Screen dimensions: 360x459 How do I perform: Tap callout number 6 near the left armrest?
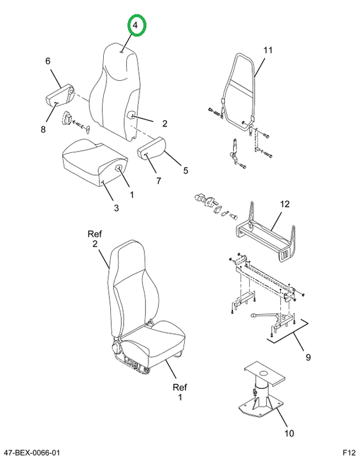tap(48, 61)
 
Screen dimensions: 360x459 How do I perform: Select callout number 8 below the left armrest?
tap(43, 129)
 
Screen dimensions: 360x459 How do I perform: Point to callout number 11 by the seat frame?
tap(268, 50)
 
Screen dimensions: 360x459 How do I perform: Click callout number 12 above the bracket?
tap(285, 204)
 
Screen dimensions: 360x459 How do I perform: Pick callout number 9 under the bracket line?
tap(308, 357)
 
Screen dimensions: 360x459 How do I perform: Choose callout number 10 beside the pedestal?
tap(289, 433)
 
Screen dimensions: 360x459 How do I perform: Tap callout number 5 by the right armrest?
tap(185, 170)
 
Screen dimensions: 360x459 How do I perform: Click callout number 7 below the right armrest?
tap(159, 180)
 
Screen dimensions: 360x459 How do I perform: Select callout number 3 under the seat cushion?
tap(116, 208)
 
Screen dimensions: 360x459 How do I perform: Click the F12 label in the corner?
tap(349, 453)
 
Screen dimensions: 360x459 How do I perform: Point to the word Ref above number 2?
tap(94, 234)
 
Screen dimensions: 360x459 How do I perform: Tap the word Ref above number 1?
tap(180, 388)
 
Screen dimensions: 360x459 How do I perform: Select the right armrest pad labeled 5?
tap(151, 152)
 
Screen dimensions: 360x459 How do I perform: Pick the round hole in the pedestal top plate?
tap(263, 373)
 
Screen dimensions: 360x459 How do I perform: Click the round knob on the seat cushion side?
tap(120, 168)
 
